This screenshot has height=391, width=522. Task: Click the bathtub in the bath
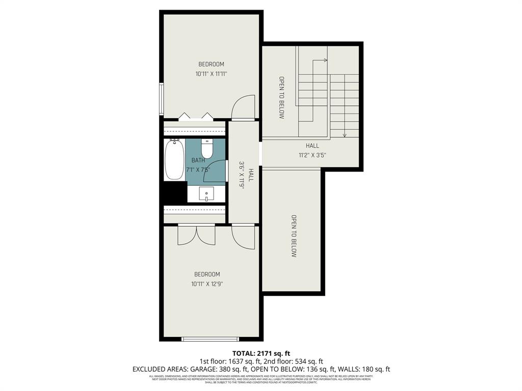pos(174,159)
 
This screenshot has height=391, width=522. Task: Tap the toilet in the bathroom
pos(207,149)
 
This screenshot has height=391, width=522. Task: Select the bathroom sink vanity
pos(206,194)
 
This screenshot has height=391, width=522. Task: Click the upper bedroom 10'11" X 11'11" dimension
pos(211,74)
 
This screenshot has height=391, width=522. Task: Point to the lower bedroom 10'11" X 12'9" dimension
pos(207,284)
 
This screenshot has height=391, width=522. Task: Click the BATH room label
pos(198,160)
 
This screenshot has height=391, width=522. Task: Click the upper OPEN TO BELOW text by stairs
pos(281,98)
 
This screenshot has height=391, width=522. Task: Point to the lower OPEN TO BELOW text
pos(294,236)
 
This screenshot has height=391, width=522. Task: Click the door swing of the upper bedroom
pos(243,107)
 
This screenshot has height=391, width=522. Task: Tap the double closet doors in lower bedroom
pos(197,236)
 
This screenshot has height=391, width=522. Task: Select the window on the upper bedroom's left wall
pos(161,99)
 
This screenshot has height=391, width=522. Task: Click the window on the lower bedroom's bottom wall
pos(210,339)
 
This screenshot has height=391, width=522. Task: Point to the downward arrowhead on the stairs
pos(345,135)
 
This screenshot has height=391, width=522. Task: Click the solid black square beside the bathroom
pos(174,192)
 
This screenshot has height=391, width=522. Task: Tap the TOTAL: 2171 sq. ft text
pos(261,353)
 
